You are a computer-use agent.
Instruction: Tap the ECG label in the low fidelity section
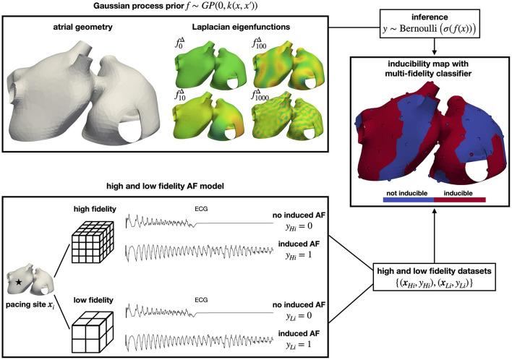tap(210, 297)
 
